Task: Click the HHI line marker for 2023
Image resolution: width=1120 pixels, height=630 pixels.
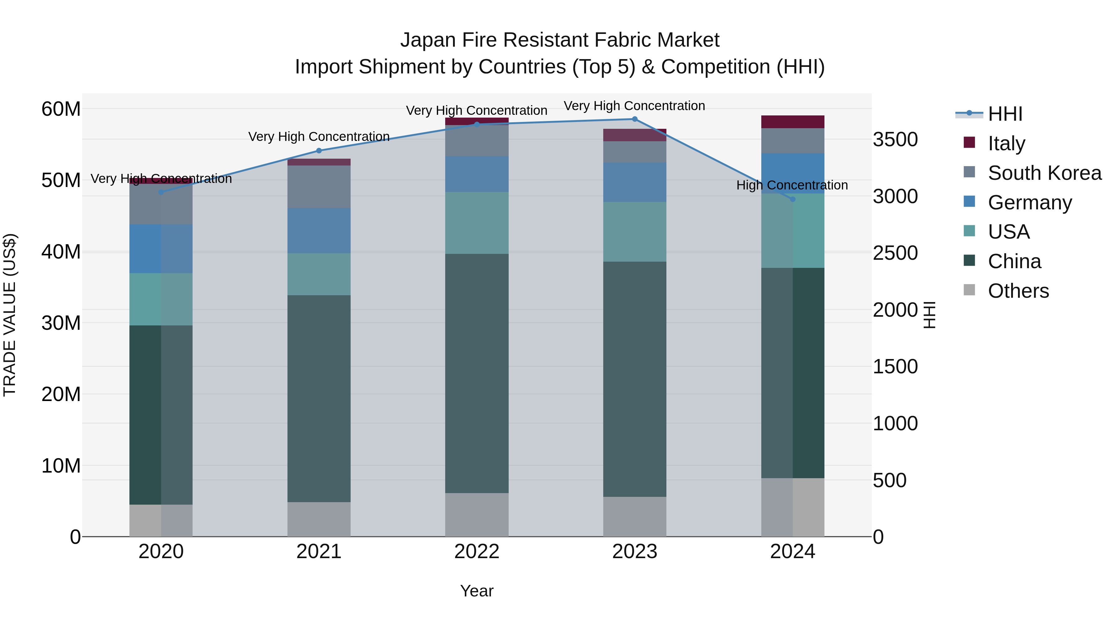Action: [634, 119]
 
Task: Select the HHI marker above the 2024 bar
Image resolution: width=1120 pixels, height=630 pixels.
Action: [792, 199]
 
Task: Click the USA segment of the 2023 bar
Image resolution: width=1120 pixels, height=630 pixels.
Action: [634, 232]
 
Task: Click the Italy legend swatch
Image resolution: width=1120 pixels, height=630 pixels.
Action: [969, 142]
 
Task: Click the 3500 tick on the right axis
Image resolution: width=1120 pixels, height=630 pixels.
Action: [895, 140]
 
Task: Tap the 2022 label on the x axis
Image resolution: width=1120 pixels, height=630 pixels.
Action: [477, 552]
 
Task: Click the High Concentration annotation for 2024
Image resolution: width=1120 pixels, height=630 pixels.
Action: [792, 185]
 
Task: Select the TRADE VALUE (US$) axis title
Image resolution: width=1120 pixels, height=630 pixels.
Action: [10, 315]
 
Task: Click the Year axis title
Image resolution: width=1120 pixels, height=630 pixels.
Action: [477, 591]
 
